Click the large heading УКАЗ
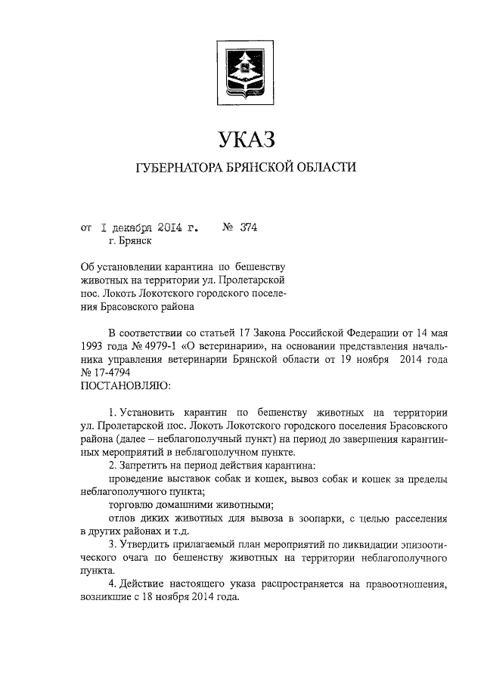[242, 138]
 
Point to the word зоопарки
[311, 519]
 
